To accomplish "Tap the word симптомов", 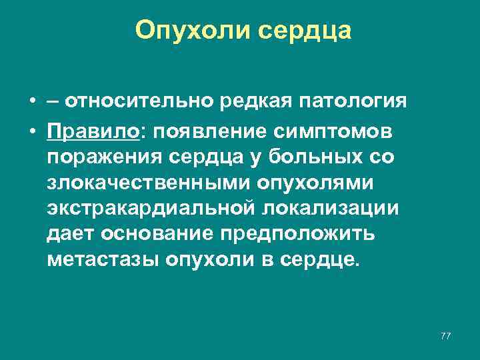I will (x=333, y=133).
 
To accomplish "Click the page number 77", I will (x=445, y=336).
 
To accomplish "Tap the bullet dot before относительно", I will (x=32, y=101).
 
